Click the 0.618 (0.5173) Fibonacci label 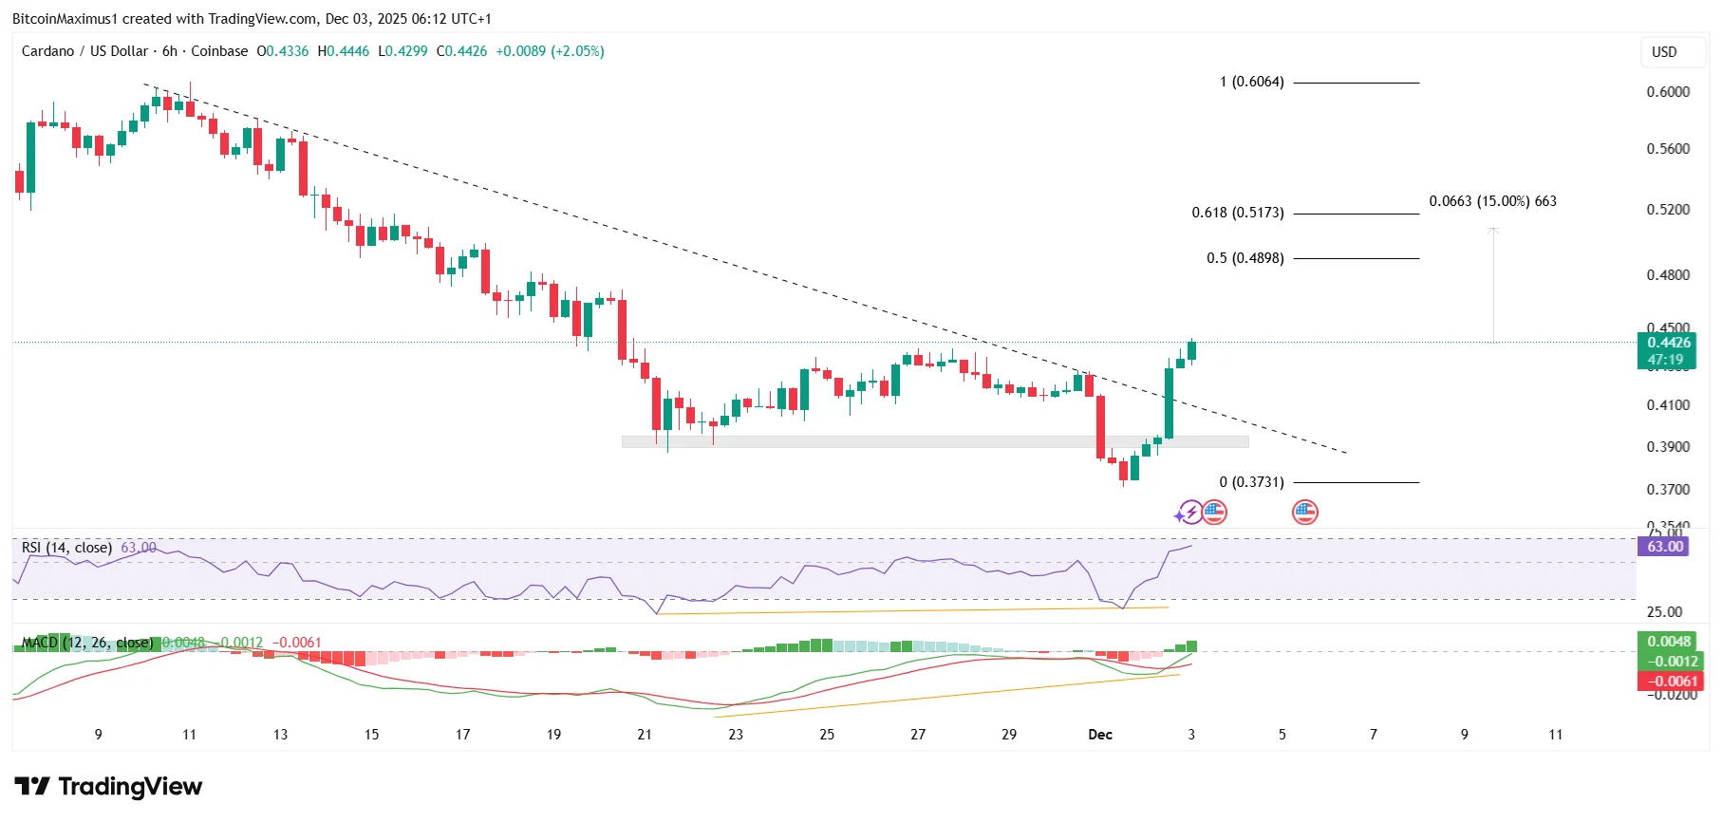point(1237,213)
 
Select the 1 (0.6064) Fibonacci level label point(1251,82)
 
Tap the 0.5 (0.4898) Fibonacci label point(1245,258)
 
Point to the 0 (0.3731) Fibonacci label point(1251,482)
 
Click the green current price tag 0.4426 point(1668,343)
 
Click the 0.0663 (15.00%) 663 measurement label point(1492,201)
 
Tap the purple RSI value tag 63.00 point(1664,547)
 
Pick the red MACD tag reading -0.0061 point(1670,681)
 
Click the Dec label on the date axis point(1099,735)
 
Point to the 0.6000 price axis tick point(1668,92)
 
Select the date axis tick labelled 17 point(462,735)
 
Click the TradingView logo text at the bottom point(109,787)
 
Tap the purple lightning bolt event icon point(1189,513)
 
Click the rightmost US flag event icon point(1305,513)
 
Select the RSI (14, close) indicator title point(66,548)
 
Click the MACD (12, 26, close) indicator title point(87,643)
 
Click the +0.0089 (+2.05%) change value point(550,51)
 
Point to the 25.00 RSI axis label point(1664,612)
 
